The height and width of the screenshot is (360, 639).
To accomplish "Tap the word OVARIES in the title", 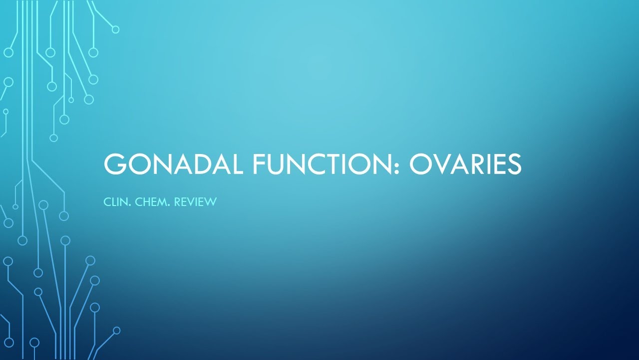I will tap(465, 164).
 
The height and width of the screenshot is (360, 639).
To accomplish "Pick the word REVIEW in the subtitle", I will tap(195, 202).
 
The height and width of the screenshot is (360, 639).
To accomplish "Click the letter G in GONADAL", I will tap(114, 164).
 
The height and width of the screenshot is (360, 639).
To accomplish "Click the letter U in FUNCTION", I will tap(279, 164).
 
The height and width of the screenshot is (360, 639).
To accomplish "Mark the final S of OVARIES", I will tap(513, 164).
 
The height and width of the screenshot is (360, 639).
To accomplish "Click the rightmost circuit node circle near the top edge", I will tap(115, 29).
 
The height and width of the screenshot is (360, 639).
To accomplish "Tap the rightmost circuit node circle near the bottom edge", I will tap(117, 330).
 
